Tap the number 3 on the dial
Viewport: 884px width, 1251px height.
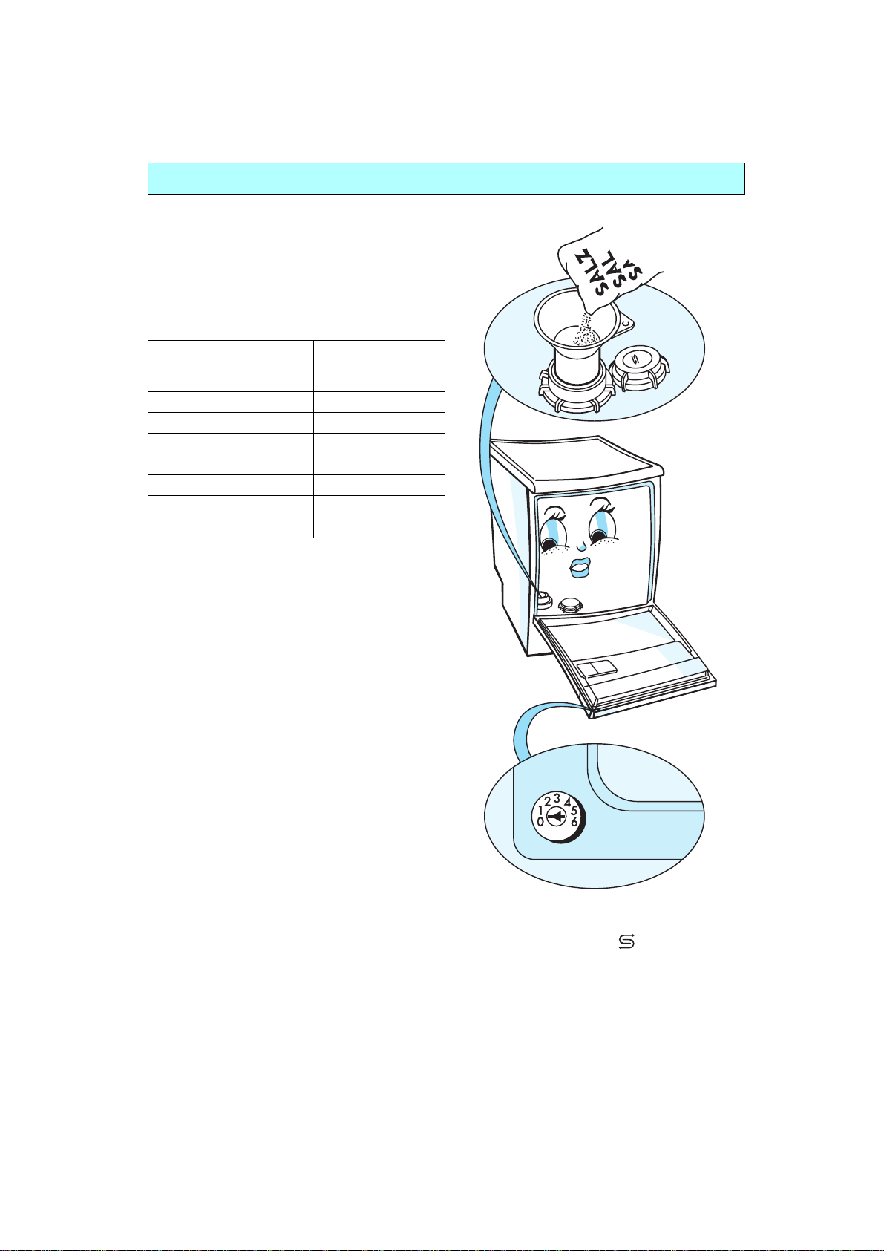[x=557, y=798]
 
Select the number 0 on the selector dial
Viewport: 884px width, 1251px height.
[x=540, y=822]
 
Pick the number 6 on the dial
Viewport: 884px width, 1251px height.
[x=574, y=822]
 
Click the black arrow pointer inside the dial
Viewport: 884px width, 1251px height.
[x=556, y=817]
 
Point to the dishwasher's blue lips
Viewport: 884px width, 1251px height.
[x=580, y=567]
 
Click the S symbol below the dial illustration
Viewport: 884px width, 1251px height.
[x=626, y=942]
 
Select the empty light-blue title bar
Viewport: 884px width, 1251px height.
[x=446, y=179]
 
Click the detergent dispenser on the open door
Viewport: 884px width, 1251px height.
[x=597, y=667]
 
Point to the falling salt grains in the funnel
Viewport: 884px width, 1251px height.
[x=585, y=333]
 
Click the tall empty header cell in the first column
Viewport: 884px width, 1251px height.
[x=175, y=366]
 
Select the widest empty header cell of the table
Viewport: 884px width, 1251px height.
[x=258, y=366]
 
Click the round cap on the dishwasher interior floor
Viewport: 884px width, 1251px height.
[x=570, y=604]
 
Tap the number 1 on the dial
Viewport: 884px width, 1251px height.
[x=541, y=811]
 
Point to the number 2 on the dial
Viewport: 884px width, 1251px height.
[x=548, y=803]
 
